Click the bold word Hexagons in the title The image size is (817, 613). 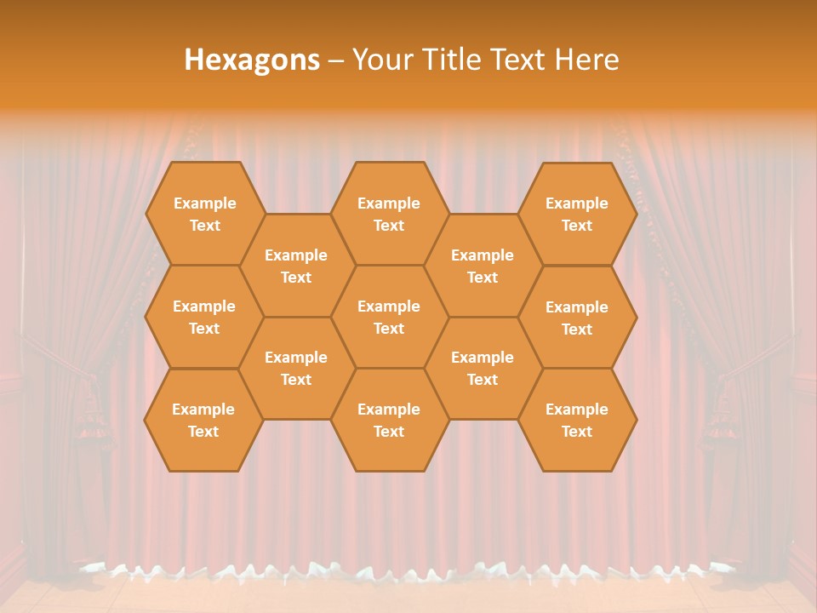(x=252, y=60)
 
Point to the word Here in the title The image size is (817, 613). (x=587, y=60)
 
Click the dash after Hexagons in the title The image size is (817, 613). (x=335, y=60)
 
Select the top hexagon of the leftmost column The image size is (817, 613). (x=204, y=214)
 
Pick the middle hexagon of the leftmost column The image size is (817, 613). (x=204, y=317)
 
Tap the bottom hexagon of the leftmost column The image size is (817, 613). (x=203, y=420)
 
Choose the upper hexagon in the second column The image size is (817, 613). (x=296, y=266)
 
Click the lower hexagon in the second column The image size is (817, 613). (x=296, y=368)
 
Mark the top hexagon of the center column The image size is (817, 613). (x=389, y=214)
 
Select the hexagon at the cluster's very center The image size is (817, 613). (x=389, y=317)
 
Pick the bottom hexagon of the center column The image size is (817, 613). (x=389, y=420)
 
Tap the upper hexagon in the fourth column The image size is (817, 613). (x=483, y=266)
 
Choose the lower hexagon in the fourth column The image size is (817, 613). (x=483, y=368)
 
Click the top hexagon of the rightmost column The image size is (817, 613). (x=577, y=214)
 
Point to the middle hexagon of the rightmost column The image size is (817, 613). (x=577, y=318)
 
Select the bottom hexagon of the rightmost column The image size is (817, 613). (x=577, y=420)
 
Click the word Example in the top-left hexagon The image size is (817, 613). (x=204, y=203)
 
